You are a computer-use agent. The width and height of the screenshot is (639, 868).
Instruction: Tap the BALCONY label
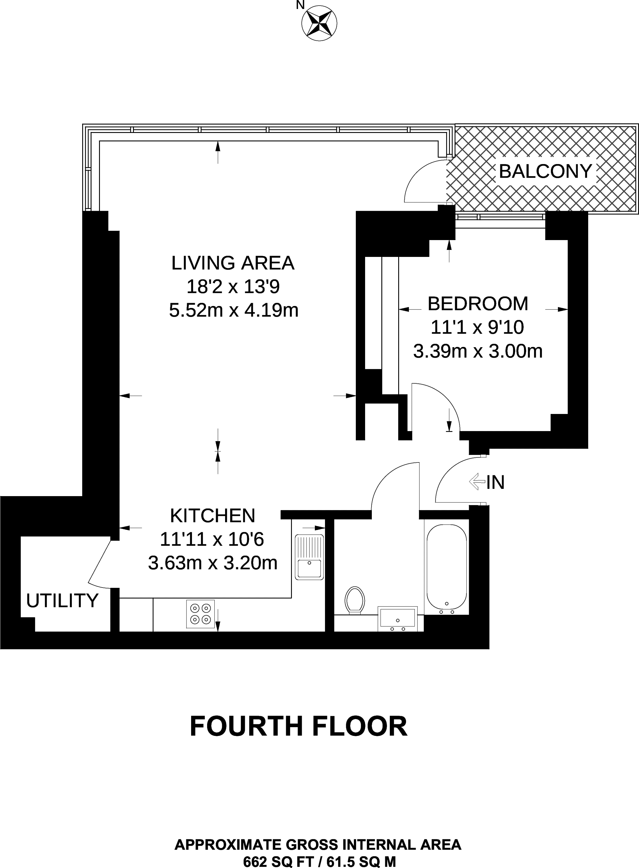(x=545, y=171)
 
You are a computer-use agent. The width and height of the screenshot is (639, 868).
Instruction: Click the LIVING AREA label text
(x=233, y=263)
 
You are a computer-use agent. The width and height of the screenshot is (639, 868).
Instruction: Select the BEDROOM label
(x=478, y=304)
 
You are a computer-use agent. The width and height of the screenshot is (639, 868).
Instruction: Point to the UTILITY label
(x=62, y=600)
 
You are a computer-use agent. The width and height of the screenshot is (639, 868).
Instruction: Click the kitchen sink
(x=309, y=557)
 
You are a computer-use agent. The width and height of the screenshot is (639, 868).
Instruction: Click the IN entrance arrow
(x=477, y=482)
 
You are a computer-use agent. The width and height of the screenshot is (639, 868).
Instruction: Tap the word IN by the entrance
(x=496, y=482)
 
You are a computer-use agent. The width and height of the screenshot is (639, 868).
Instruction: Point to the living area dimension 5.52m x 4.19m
(x=234, y=310)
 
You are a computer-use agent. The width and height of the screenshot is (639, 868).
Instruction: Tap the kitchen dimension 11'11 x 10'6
(x=212, y=539)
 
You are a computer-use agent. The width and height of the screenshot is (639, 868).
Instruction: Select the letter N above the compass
(x=300, y=5)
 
